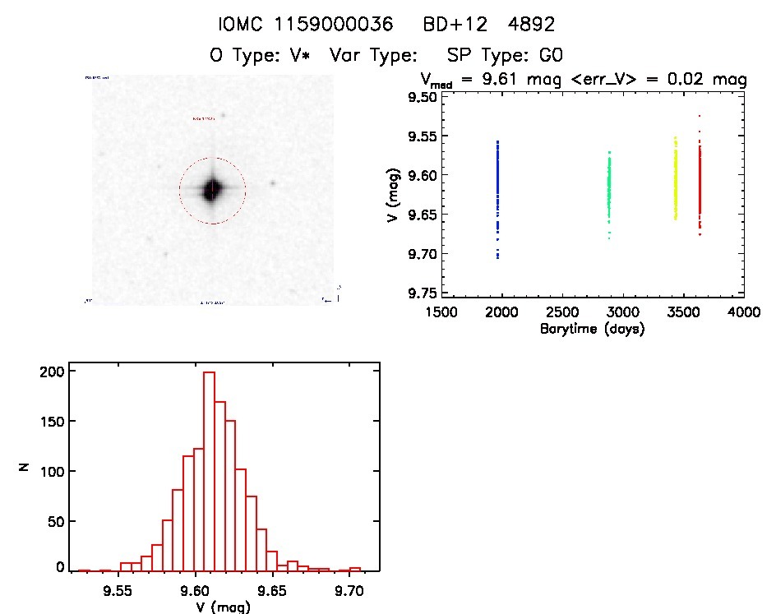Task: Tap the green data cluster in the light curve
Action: coord(609,187)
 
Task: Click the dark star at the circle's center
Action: coord(212,190)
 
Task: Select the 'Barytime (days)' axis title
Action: coord(592,329)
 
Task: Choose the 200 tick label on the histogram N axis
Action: coord(52,372)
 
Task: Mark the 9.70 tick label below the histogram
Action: coord(349,590)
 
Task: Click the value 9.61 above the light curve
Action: coord(506,81)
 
